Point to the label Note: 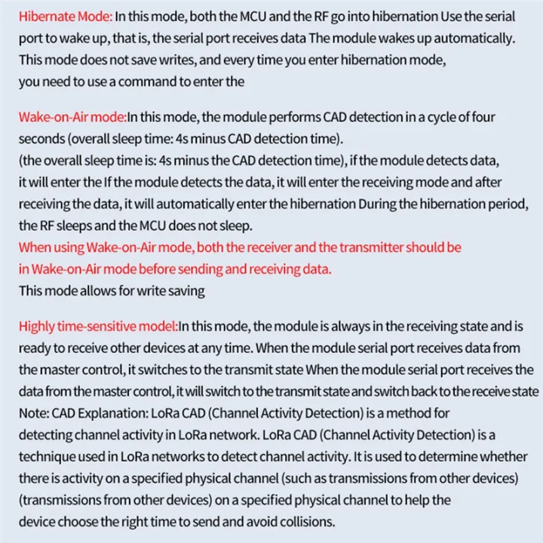tap(33, 413)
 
